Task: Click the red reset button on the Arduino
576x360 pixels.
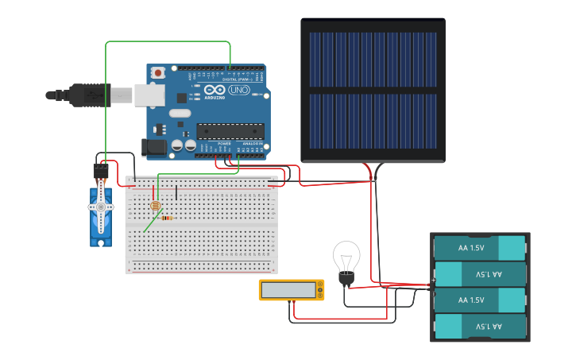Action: pyautogui.click(x=158, y=72)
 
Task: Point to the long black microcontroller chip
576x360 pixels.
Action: pyautogui.click(x=230, y=130)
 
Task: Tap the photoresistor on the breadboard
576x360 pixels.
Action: pyautogui.click(x=156, y=205)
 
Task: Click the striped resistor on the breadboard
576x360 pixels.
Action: pyautogui.click(x=167, y=217)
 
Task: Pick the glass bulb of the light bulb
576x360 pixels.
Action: pyautogui.click(x=346, y=257)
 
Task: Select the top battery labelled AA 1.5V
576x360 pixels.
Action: pyautogui.click(x=480, y=247)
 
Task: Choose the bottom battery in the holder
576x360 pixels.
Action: pyautogui.click(x=480, y=326)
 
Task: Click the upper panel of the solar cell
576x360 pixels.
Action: pyautogui.click(x=373, y=60)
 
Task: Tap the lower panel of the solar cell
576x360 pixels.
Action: pyautogui.click(x=373, y=121)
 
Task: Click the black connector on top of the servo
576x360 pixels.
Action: pyautogui.click(x=101, y=171)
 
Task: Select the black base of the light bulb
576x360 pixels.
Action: pyautogui.click(x=346, y=278)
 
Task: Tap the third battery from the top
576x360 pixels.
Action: pyautogui.click(x=480, y=300)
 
